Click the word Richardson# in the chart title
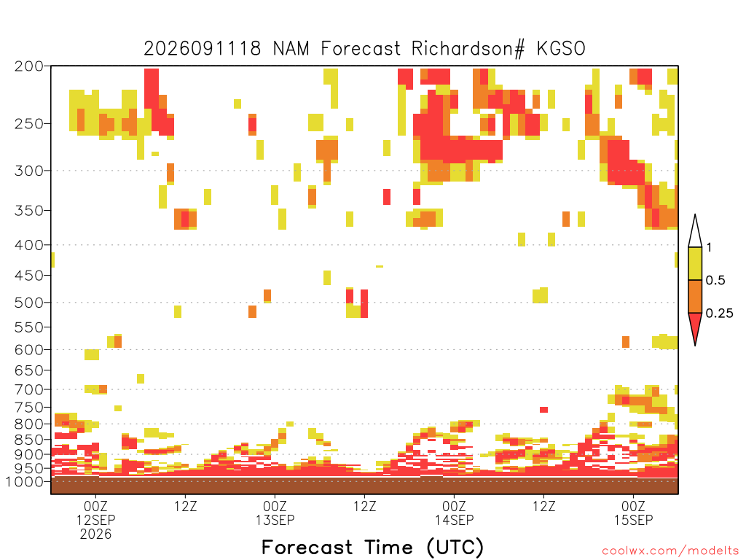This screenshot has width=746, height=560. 468,49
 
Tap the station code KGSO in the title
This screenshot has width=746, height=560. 561,49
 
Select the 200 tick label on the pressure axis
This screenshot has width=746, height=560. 28,66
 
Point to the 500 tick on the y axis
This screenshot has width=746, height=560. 28,303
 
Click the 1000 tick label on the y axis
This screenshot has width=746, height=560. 25,481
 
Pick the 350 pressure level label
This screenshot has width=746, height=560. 28,211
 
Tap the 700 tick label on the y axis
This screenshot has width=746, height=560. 28,389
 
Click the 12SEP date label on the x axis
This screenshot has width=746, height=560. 95,519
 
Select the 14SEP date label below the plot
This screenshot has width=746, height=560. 455,519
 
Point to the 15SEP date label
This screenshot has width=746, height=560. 633,519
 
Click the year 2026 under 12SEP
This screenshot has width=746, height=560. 95,534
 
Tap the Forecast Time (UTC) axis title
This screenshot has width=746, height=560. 372,547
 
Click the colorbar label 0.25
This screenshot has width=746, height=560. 719,314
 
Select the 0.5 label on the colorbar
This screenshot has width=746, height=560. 715,281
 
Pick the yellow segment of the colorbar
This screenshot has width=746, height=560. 695,263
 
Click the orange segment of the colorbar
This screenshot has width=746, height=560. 695,296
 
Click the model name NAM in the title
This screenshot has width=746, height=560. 291,49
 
